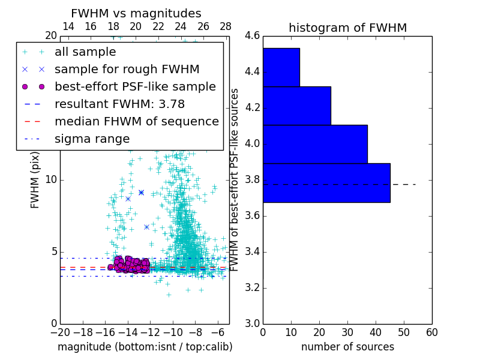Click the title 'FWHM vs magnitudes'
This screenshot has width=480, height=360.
pos(136,13)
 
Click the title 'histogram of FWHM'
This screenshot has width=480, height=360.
pos(347,28)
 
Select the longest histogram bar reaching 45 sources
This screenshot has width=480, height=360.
pos(326,182)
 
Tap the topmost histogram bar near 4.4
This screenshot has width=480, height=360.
pos(281,67)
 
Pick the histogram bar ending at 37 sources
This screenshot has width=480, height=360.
pos(315,144)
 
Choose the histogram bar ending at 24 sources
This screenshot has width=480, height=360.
pos(297,106)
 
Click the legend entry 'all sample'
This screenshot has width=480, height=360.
pos(85,52)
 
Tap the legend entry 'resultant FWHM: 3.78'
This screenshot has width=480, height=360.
pos(119,104)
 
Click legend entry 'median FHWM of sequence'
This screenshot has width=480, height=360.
pos(136,122)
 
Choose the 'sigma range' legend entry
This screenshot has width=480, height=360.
pos(92,139)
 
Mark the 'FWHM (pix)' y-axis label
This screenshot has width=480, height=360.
pos(35,179)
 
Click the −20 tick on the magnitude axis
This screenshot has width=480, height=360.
pos(60,332)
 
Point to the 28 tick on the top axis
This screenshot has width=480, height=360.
pos(226,26)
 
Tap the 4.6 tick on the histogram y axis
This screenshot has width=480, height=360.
pos(253,36)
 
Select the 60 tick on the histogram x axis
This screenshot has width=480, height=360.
pos(431,332)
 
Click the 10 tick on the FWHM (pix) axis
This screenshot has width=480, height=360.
pos(51,180)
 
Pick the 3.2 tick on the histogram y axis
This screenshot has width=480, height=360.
pos(253,287)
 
